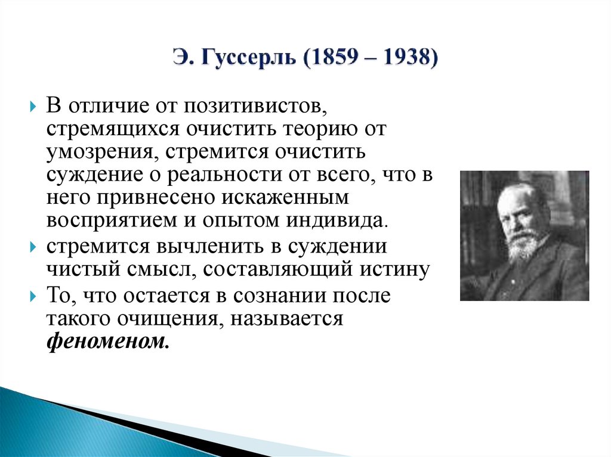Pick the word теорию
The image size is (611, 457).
(x=327, y=129)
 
